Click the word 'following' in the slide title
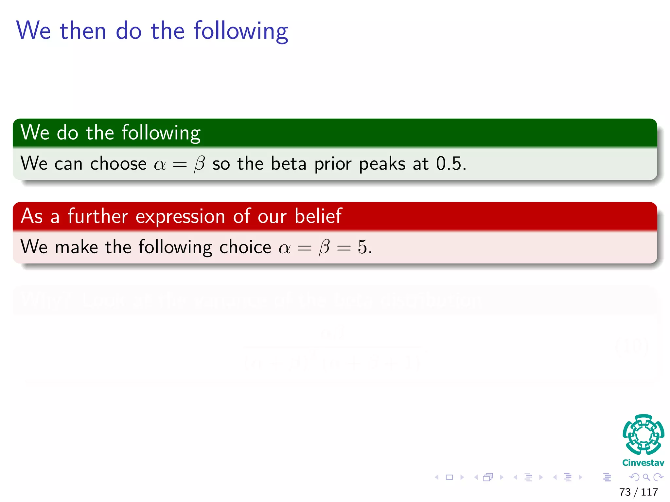coord(241,31)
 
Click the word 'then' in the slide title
coord(83,31)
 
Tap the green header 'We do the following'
coord(110,133)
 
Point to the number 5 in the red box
coord(362,247)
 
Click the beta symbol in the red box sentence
coord(324,247)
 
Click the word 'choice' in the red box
coord(245,247)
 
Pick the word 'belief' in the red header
coord(318,216)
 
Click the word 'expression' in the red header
coord(180,216)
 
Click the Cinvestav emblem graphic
coord(643,434)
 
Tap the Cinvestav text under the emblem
coord(643,463)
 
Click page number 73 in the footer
coord(625,492)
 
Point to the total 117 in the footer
coord(649,492)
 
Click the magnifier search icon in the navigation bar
coord(646,477)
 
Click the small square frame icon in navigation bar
coord(449,477)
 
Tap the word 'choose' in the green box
coord(118,163)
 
